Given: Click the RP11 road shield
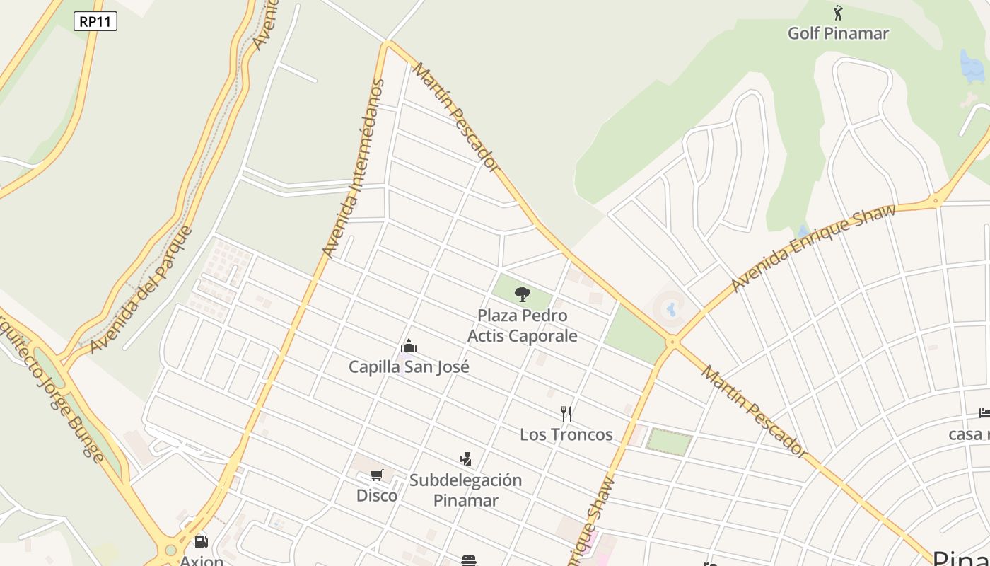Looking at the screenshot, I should coord(95,21).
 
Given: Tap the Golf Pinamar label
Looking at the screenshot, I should coord(838,33).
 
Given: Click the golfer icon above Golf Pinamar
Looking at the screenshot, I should coord(838,13).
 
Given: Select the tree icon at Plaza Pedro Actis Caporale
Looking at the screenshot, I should coord(522,294).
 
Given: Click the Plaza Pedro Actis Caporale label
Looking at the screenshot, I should coord(523,325).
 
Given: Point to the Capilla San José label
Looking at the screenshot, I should coord(409,366).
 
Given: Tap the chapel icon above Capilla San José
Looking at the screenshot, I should coord(409,347).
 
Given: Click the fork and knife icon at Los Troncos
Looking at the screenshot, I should coord(566,414).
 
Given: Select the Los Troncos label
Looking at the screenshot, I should coord(566,434).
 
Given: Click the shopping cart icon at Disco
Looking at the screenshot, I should coord(377,475).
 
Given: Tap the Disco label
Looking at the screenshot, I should coord(377,495).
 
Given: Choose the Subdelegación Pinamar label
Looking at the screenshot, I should coord(465,490).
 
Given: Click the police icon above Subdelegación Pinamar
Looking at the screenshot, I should coord(465,459).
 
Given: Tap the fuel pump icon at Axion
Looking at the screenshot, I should coord(202,543).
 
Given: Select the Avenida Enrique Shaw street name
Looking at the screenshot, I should coord(813,247).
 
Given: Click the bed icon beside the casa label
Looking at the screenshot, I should coord(984,412).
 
